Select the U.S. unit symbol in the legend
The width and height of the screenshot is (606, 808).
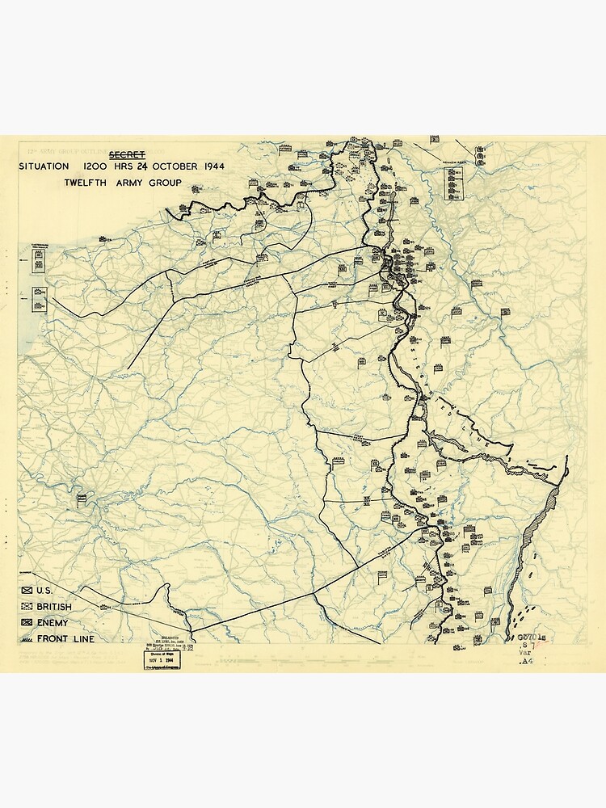coord(27,591)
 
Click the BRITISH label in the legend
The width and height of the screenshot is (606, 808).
coord(53,607)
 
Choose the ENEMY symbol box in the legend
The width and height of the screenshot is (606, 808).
coord(27,623)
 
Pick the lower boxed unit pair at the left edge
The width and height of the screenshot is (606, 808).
coord(38,299)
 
